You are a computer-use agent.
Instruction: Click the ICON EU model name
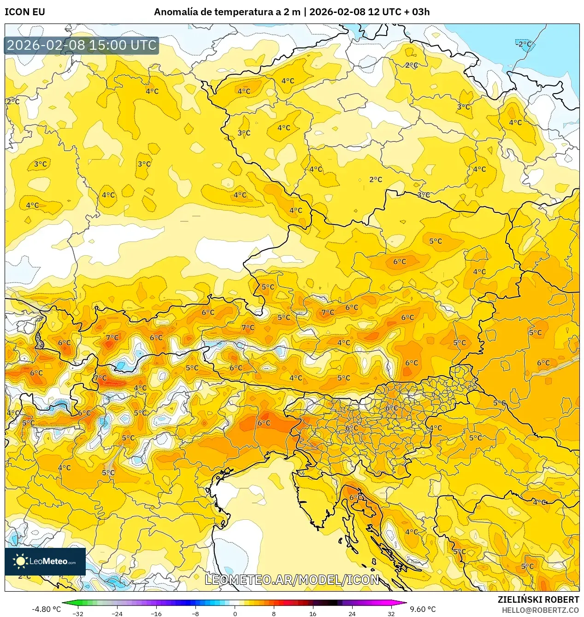[25, 12]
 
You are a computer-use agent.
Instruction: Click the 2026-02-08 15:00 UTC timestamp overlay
[82, 45]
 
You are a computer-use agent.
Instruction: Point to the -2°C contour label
[524, 44]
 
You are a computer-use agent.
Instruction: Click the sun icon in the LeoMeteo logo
[20, 561]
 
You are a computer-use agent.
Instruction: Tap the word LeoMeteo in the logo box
[48, 561]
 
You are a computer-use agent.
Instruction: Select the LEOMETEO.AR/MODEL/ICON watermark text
[292, 580]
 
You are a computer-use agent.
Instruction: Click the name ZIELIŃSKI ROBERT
[538, 599]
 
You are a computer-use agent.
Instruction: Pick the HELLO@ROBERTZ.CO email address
[540, 610]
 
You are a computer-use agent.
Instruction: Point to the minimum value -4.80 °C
[46, 609]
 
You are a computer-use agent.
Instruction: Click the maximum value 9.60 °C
[423, 609]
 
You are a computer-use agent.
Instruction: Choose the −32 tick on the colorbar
[78, 613]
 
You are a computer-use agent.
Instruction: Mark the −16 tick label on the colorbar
[156, 613]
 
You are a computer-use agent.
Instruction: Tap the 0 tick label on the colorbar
[235, 613]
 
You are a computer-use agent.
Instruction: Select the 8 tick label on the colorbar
[274, 613]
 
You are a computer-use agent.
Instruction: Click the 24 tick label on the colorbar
[352, 613]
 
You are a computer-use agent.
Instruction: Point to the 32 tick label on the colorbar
[391, 613]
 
